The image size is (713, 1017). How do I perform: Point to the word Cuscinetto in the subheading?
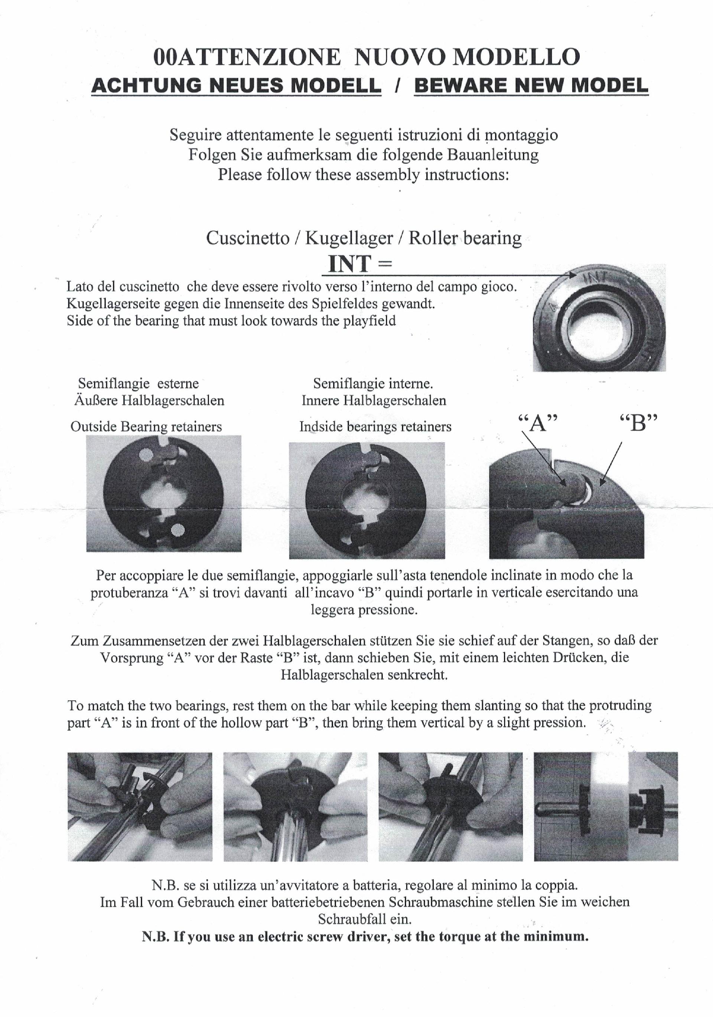(x=247, y=238)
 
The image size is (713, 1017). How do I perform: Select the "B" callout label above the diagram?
(x=638, y=423)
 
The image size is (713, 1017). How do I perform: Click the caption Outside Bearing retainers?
(x=146, y=427)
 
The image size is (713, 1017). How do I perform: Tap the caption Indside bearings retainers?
(x=375, y=427)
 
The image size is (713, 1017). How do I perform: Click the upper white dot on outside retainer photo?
(x=145, y=455)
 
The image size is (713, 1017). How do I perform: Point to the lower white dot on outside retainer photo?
(x=178, y=529)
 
